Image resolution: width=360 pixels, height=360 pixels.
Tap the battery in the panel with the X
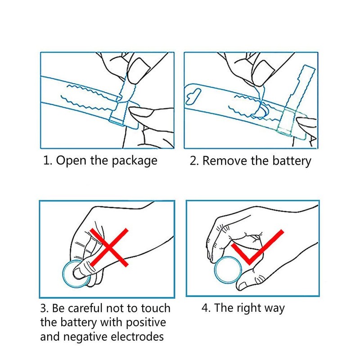coord(76,274)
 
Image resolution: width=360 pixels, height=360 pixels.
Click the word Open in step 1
coord(72,161)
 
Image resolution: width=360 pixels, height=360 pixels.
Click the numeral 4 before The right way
coord(205,308)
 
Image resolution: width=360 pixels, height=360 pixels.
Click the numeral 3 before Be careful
coord(44,308)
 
